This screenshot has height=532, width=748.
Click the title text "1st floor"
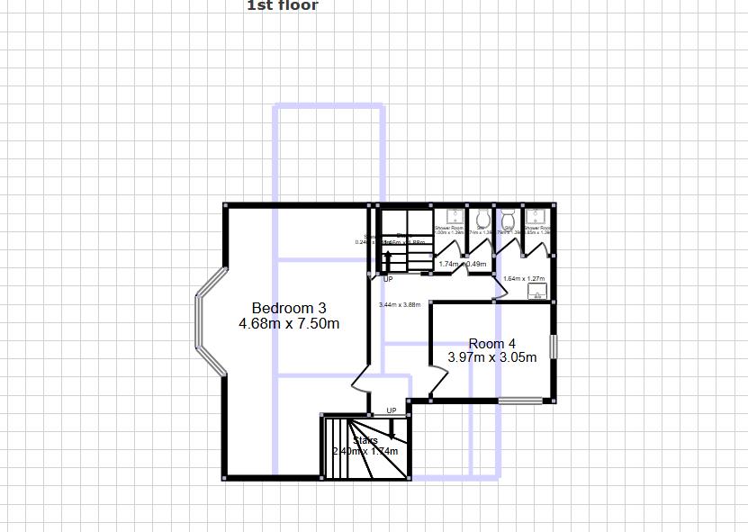coord(282,5)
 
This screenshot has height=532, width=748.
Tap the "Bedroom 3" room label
coord(289,308)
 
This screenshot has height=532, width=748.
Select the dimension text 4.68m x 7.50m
coord(289,324)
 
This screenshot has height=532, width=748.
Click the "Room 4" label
coord(492,344)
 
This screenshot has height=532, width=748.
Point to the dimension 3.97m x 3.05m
coord(492,357)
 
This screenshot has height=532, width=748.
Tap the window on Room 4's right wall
coord(554,347)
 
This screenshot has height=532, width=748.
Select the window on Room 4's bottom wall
coord(521,401)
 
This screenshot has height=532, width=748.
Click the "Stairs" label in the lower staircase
coord(365,440)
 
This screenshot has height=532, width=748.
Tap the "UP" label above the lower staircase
coord(392,411)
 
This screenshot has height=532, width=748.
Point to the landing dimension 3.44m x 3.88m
coord(400,305)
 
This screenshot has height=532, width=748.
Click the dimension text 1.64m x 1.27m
coord(525,279)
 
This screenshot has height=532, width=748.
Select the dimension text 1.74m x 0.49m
coord(463,265)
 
